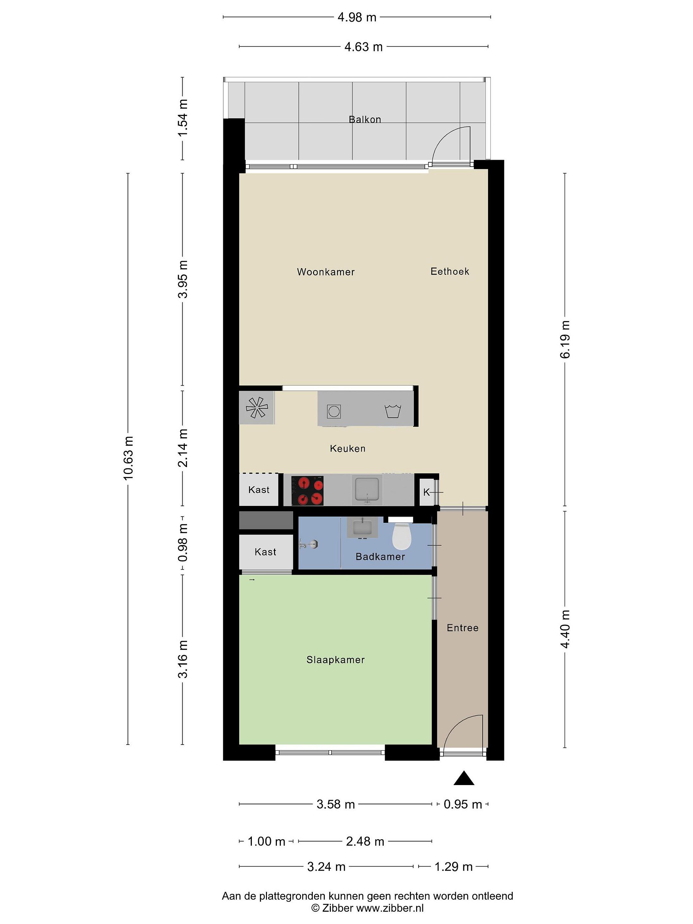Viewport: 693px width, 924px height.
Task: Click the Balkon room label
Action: tap(365, 119)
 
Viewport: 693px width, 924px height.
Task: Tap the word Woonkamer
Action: tap(326, 272)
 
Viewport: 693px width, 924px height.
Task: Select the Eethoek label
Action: tap(450, 271)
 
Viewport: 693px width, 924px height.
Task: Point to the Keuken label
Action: tap(347, 449)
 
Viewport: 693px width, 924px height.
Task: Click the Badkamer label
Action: tap(380, 557)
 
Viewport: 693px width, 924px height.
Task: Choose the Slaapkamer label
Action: tap(335, 660)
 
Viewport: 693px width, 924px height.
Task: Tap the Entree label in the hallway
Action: tap(462, 628)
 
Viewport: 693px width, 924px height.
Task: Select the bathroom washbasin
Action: tap(362, 527)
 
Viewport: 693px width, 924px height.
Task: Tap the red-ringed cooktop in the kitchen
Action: tap(307, 491)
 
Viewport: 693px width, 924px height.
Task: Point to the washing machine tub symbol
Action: tap(393, 411)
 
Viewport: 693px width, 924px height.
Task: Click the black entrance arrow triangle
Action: tap(464, 778)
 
